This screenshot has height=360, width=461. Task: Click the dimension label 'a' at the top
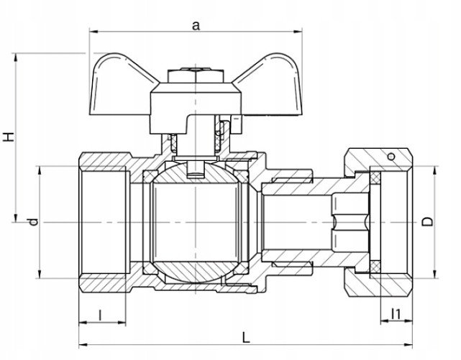(x=196, y=26)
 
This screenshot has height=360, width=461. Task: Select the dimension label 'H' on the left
(x=9, y=137)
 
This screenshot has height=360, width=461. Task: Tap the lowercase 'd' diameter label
(x=34, y=221)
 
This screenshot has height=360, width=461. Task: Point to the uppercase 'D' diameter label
(x=427, y=222)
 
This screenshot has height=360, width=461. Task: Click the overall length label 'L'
(x=246, y=338)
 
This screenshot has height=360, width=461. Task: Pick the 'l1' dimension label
(x=396, y=314)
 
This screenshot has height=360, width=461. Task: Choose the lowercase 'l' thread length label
(x=100, y=315)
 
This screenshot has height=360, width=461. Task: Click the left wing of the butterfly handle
(x=121, y=86)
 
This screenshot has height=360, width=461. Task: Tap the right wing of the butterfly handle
(x=270, y=86)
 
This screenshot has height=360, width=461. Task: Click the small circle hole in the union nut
(x=391, y=157)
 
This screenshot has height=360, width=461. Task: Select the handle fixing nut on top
(x=196, y=75)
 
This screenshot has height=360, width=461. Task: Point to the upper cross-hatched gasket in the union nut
(x=375, y=178)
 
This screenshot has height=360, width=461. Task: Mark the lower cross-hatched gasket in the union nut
(x=375, y=267)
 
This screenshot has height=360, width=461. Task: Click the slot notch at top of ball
(x=196, y=170)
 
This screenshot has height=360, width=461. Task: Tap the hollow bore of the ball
(x=196, y=222)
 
